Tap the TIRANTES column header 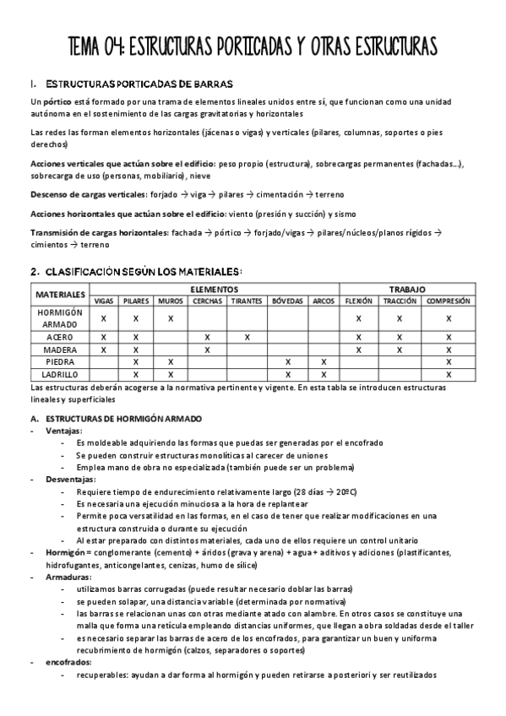click(x=247, y=301)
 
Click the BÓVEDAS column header click(x=287, y=301)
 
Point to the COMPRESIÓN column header click(x=449, y=301)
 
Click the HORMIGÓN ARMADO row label click(x=60, y=318)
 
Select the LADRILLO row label click(x=60, y=374)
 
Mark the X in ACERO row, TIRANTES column click(x=247, y=337)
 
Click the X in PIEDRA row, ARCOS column click(x=324, y=361)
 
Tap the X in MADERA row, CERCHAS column click(x=208, y=350)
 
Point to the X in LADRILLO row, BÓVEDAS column click(x=287, y=374)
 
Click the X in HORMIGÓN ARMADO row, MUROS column click(x=171, y=318)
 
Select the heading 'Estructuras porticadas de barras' click(x=144, y=84)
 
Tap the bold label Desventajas click(x=70, y=478)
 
